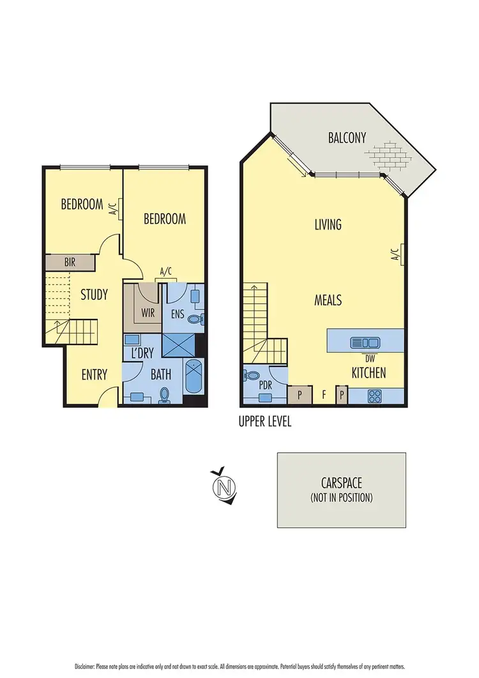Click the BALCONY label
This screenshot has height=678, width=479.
pyautogui.click(x=347, y=137)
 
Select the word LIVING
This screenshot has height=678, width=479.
pyautogui.click(x=328, y=224)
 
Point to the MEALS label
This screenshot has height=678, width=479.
pyautogui.click(x=328, y=300)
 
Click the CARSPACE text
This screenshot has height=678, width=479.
pyautogui.click(x=342, y=484)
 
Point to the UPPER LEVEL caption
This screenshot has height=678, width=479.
pyautogui.click(x=264, y=422)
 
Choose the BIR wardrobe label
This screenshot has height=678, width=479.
pyautogui.click(x=70, y=262)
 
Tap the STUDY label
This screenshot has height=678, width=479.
pyautogui.click(x=94, y=295)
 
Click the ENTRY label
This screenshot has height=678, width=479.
pyautogui.click(x=94, y=374)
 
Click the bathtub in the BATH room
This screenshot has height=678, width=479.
pyautogui.click(x=194, y=378)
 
